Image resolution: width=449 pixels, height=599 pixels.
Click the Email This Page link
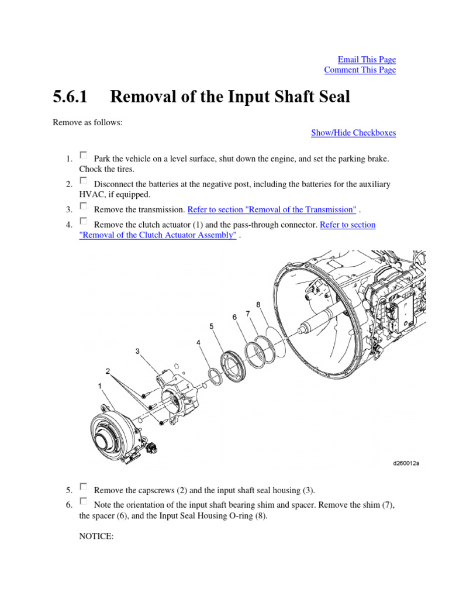pos(367,60)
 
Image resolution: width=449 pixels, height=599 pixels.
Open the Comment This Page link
pos(360,70)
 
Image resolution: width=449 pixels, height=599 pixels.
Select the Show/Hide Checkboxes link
pos(353,133)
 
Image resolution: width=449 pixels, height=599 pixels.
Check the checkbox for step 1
pos(84,156)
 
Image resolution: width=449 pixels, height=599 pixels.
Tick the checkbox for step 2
pos(84,181)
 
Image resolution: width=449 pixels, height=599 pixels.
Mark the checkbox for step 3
pos(84,206)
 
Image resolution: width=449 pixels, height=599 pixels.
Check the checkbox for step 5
pos(84,486)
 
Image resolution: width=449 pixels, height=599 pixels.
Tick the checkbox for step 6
pos(84,501)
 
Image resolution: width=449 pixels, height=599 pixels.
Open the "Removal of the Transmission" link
pos(272,209)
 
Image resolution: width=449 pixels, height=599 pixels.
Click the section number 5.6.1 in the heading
pos(70,97)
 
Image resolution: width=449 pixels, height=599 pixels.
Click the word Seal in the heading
pos(332,97)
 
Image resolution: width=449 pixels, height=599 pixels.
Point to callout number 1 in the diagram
pos(100,385)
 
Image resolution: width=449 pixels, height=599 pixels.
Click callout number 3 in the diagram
pos(137,352)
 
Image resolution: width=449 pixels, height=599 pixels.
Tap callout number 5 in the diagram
pos(211,326)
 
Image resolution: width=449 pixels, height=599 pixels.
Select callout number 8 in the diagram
pos(258,305)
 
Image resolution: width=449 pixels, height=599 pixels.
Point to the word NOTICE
pos(96,536)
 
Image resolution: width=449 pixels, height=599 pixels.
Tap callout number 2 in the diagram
pos(108,371)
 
